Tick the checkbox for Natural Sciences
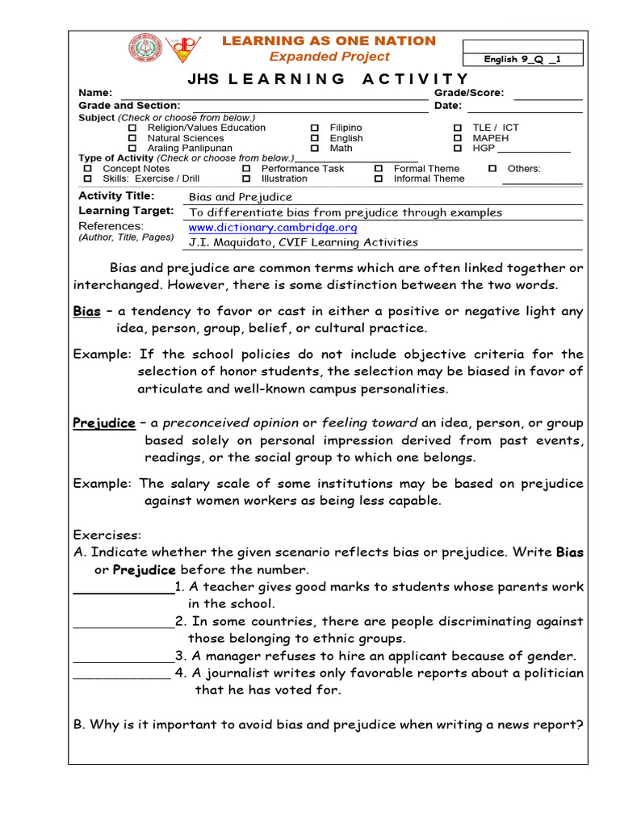click(132, 139)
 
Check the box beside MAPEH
click(457, 139)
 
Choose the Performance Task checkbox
click(246, 169)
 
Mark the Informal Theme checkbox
click(378, 178)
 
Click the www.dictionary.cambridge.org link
click(272, 228)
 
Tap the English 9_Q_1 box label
click(522, 59)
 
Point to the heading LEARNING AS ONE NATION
click(329, 41)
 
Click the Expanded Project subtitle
click(329, 57)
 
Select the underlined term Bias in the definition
click(87, 312)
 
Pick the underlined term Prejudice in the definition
click(104, 423)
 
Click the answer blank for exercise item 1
click(124, 587)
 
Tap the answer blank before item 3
click(124, 657)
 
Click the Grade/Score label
click(469, 93)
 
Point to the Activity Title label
click(116, 195)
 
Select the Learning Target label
click(126, 211)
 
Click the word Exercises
click(107, 535)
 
